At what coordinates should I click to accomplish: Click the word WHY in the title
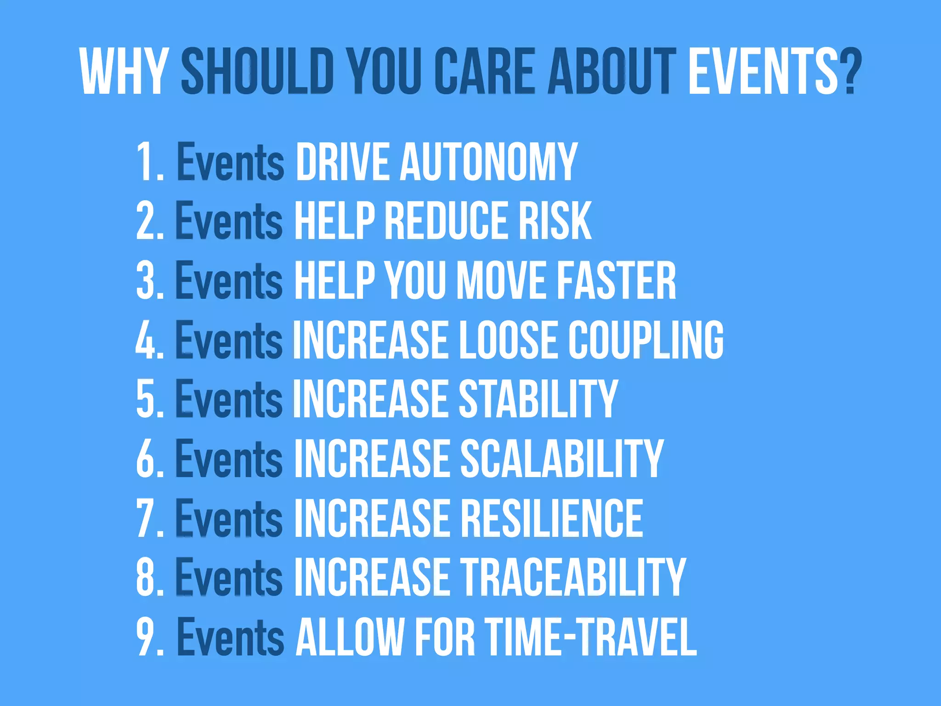click(x=123, y=72)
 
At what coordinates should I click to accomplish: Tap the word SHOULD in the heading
click(x=257, y=72)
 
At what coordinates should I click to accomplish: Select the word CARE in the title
click(x=485, y=72)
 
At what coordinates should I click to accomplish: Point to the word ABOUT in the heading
click(x=612, y=72)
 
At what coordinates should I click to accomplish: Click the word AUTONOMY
click(x=488, y=161)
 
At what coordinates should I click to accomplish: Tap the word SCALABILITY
click(x=561, y=458)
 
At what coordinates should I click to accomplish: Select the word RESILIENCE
click(x=551, y=518)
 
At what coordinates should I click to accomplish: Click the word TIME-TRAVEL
click(x=591, y=637)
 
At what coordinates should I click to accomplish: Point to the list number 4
click(x=146, y=340)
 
